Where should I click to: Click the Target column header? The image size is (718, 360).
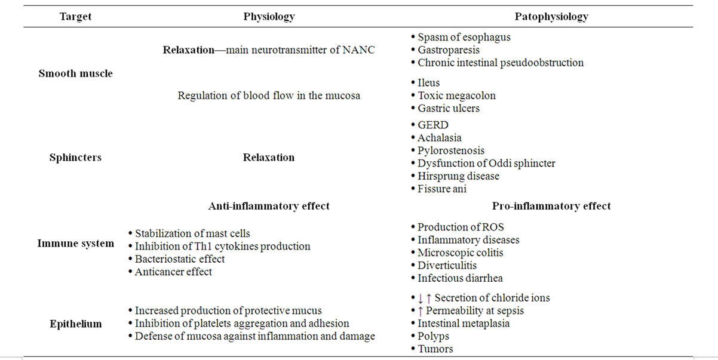tap(76, 16)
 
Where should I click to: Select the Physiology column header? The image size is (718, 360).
tap(269, 17)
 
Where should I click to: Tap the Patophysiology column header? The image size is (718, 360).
tap(551, 17)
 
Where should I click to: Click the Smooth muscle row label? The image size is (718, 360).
tap(76, 73)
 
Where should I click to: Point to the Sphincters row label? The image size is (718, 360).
tap(75, 157)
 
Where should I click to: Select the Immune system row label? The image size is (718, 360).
tap(76, 244)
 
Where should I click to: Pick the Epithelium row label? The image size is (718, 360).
tap(76, 324)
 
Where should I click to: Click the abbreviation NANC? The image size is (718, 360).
tap(358, 50)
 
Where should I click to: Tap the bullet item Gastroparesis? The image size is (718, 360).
tap(449, 50)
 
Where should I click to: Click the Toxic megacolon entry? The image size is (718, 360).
tap(456, 96)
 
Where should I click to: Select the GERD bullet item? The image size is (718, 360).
tap(432, 125)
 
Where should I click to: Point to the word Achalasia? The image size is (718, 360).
tap(440, 138)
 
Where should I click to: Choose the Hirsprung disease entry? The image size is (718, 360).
tap(458, 176)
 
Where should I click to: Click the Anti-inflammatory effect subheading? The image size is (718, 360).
tap(269, 206)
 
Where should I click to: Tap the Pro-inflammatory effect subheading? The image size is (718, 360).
tap(551, 206)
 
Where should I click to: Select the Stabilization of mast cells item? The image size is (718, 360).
tap(192, 233)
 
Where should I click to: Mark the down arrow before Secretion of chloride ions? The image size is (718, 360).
tap(420, 299)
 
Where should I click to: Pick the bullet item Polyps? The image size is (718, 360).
tap(433, 336)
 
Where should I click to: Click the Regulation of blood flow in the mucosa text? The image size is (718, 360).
tap(269, 96)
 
